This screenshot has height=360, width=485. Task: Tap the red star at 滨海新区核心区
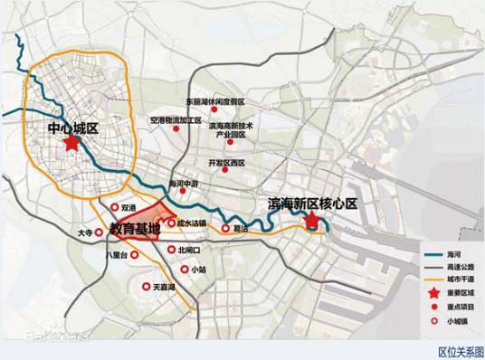point(311,220)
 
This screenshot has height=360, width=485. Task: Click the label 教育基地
point(135,230)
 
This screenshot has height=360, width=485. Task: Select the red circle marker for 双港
point(114,207)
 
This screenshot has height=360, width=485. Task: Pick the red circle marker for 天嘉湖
point(145,287)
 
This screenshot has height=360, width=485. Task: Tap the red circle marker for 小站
point(184,269)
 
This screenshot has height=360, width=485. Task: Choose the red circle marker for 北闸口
point(171,249)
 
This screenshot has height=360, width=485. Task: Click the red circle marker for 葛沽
point(225,229)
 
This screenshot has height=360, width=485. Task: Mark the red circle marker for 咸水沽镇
point(170,222)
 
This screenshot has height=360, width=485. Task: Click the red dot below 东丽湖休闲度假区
point(214,110)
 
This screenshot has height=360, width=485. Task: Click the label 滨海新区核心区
point(313,204)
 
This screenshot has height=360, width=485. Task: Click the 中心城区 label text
point(71,128)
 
